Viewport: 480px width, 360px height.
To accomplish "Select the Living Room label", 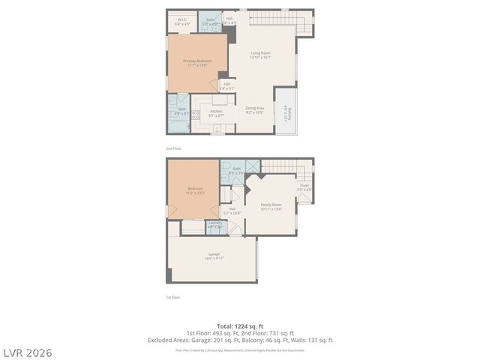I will (x=260, y=54).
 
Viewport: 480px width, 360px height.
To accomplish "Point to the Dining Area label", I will (x=254, y=109).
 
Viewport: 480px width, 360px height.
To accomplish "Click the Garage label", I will (x=214, y=256).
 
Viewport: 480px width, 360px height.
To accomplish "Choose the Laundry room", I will (x=215, y=224).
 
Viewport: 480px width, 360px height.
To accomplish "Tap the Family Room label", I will (x=271, y=206).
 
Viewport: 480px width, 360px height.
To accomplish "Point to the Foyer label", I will (x=304, y=187).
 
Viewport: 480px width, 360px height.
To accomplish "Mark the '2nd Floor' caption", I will (x=174, y=148).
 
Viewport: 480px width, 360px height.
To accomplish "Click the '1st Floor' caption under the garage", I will (x=173, y=298).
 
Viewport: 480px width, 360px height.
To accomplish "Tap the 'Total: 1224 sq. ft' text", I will (x=239, y=326).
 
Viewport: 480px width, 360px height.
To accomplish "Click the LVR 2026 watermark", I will (x=26, y=352).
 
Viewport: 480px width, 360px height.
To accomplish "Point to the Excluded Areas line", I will (x=239, y=340).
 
